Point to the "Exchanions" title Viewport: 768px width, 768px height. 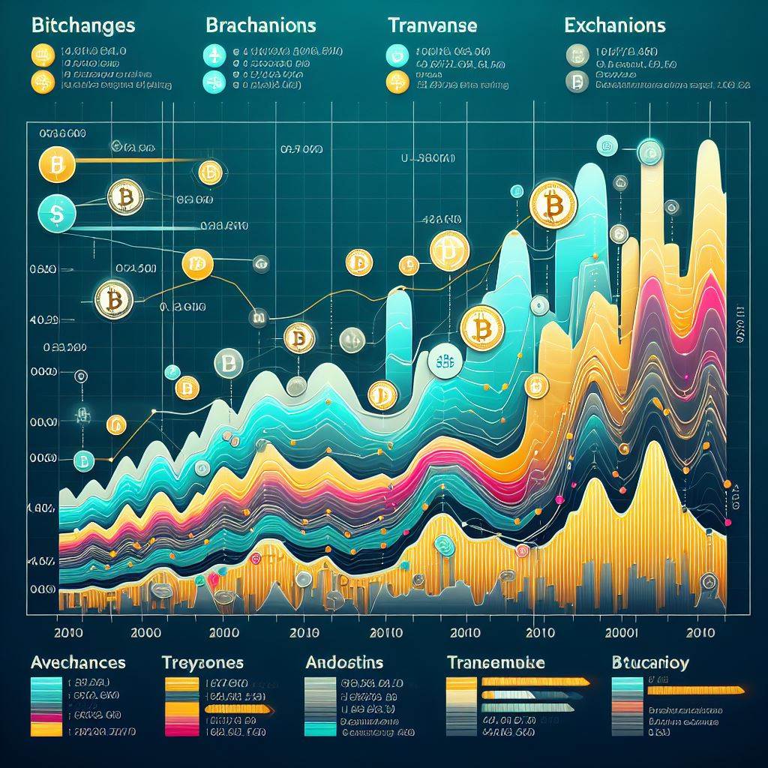click(x=614, y=25)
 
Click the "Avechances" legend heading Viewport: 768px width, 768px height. click(x=78, y=663)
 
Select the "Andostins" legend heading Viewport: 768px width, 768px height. click(x=344, y=663)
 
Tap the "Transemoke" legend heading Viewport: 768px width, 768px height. click(x=495, y=663)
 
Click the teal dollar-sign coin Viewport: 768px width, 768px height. click(x=55, y=214)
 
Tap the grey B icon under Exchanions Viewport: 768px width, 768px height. click(x=577, y=82)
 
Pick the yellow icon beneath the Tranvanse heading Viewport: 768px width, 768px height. click(x=395, y=82)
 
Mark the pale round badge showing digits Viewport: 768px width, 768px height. click(x=448, y=361)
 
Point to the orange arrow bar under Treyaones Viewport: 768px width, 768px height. click(x=238, y=708)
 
